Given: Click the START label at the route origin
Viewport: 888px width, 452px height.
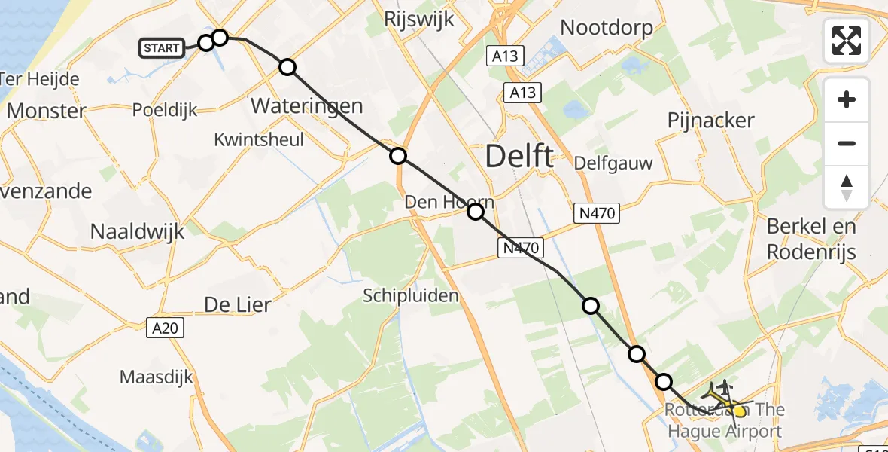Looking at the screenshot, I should pyautogui.click(x=162, y=49).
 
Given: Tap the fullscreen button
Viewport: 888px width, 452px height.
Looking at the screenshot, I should pyautogui.click(x=847, y=41).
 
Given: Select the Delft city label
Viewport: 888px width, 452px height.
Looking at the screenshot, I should pyautogui.click(x=519, y=157).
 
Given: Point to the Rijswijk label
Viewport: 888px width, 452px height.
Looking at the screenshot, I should pyautogui.click(x=419, y=19).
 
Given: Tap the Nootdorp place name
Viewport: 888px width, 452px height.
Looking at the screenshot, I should pyautogui.click(x=607, y=28).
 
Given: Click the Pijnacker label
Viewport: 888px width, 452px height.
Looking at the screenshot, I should pyautogui.click(x=710, y=121).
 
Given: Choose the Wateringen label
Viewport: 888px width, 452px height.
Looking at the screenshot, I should pyautogui.click(x=306, y=105).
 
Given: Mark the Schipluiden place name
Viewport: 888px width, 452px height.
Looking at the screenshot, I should pyautogui.click(x=411, y=295).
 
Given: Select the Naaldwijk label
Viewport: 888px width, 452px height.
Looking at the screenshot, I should pyautogui.click(x=137, y=231).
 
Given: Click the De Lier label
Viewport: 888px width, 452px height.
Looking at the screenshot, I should pyautogui.click(x=238, y=304).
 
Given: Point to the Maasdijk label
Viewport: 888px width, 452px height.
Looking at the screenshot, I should pyautogui.click(x=157, y=377).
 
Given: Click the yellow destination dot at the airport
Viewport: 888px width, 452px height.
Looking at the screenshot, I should pyautogui.click(x=739, y=411).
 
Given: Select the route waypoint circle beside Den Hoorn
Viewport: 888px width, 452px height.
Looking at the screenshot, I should pyautogui.click(x=476, y=212).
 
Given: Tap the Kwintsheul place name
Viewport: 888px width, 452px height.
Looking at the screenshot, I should pyautogui.click(x=259, y=140).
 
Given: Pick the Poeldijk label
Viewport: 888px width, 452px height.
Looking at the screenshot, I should pyautogui.click(x=165, y=110).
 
